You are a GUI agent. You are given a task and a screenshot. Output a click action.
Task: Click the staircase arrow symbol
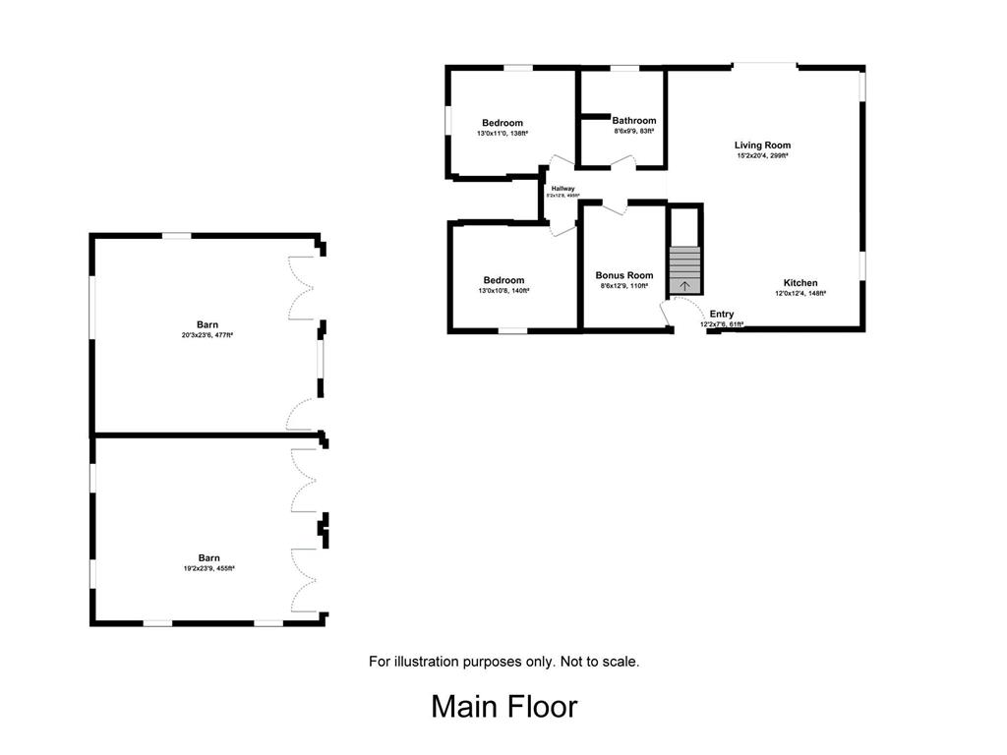[x=685, y=286]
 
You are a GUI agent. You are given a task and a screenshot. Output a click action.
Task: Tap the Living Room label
[x=762, y=145]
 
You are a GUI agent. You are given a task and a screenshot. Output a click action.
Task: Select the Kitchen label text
[x=800, y=283]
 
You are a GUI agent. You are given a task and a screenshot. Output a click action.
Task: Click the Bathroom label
[x=633, y=121]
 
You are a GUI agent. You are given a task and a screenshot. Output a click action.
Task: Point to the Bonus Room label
[x=624, y=275]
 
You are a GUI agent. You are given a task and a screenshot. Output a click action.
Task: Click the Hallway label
[x=563, y=189]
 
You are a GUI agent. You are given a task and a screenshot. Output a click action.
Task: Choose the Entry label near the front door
[x=721, y=315]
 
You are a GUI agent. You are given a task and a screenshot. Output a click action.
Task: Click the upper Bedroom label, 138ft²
[x=503, y=123]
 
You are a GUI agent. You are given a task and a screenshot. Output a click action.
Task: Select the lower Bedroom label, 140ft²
[x=503, y=280]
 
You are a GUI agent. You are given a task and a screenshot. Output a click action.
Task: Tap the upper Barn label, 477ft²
[x=207, y=324]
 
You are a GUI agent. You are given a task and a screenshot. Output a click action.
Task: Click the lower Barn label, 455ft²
[x=207, y=557]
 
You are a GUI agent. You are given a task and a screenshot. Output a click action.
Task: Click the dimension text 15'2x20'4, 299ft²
[x=762, y=155]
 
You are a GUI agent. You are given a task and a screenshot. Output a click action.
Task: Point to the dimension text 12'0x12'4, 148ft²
[x=800, y=293]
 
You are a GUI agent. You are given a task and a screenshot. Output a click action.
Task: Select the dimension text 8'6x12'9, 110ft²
[x=624, y=286]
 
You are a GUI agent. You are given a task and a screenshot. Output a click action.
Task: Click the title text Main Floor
[x=503, y=706]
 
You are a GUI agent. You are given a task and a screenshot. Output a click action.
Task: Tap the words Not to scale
[x=600, y=662]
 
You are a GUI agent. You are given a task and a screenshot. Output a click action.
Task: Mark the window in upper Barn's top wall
[x=177, y=235]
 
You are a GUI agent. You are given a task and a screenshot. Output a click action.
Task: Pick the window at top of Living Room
[x=764, y=67]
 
